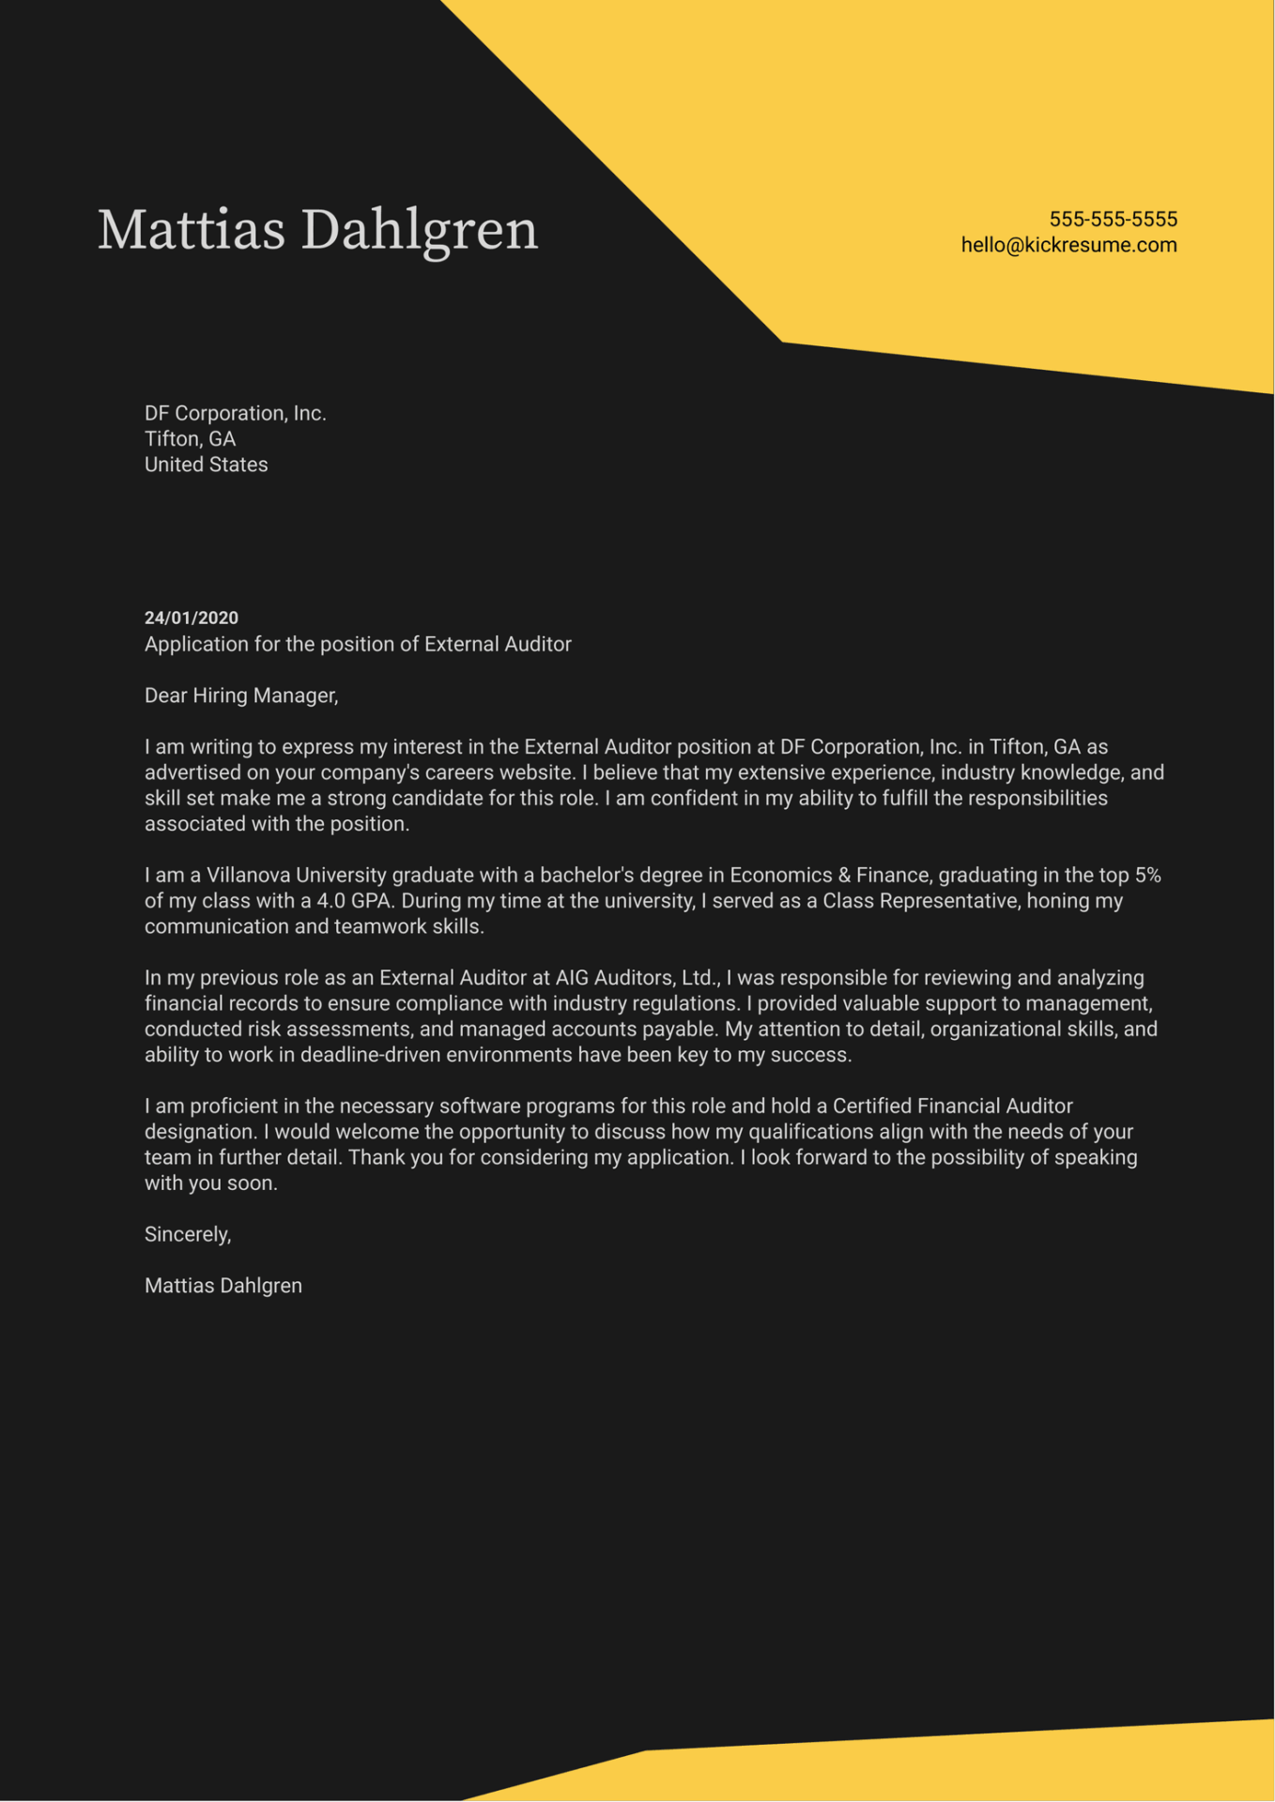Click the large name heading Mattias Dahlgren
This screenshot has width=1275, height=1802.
tap(317, 230)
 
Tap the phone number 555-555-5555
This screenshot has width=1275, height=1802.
tap(1113, 219)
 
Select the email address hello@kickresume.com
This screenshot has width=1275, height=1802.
tap(1068, 245)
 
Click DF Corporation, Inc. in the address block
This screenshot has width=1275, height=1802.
tap(235, 413)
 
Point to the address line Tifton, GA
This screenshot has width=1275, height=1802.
tap(190, 438)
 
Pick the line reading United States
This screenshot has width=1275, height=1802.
tap(206, 465)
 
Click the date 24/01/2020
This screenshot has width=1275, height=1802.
tap(191, 618)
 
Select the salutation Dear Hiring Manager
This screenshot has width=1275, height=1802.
tap(240, 695)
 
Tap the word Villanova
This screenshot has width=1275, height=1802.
tap(249, 875)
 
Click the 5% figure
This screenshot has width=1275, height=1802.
tap(1147, 875)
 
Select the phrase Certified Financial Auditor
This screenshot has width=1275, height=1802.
tap(952, 1107)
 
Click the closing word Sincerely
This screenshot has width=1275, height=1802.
tap(186, 1234)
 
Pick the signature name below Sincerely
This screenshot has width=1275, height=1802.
tap(223, 1286)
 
